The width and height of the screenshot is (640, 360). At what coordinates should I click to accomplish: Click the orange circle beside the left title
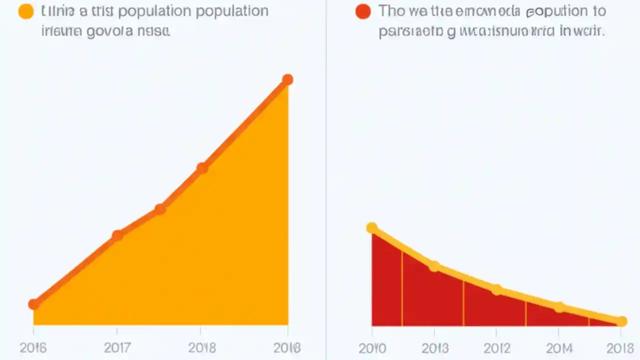pos(25,11)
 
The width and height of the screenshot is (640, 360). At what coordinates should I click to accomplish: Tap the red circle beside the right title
pos(363,11)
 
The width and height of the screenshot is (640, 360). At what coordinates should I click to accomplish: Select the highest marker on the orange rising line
pos(287,79)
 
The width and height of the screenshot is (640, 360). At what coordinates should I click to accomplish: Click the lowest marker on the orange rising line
pos(33,304)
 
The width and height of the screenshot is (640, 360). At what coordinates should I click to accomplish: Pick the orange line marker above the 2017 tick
pos(117,235)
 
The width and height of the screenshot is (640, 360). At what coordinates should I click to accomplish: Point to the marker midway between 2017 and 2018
pos(159,209)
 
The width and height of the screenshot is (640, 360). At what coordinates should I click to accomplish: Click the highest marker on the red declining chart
pos(372,228)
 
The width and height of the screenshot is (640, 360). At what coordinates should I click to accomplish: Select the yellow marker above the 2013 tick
pos(434,266)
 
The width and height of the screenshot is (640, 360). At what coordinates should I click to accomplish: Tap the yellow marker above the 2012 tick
pos(496,289)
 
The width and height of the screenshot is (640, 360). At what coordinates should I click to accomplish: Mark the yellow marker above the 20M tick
pos(559,307)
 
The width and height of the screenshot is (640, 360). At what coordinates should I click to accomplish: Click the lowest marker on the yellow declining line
pos(621,321)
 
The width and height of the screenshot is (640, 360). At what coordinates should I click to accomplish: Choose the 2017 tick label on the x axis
pos(116,347)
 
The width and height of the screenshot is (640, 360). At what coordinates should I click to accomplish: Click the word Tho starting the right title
pos(391,11)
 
